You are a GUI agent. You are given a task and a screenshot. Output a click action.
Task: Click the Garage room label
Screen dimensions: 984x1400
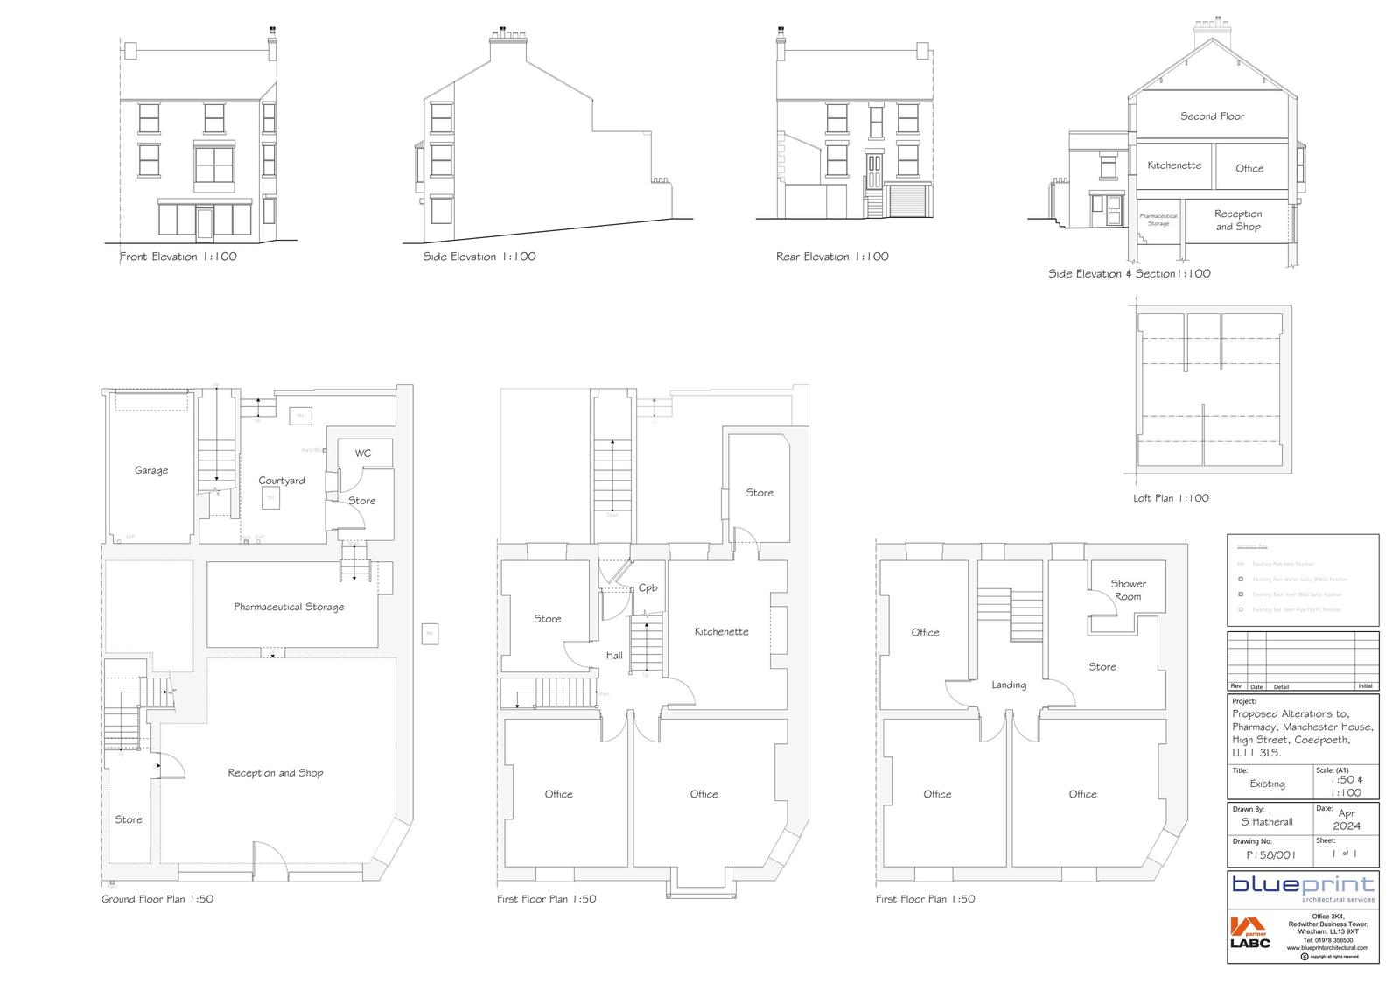(x=150, y=470)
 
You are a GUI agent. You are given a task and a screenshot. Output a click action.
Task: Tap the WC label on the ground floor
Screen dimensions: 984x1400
(x=362, y=453)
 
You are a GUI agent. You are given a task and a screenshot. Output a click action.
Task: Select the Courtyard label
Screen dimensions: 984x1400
(x=282, y=481)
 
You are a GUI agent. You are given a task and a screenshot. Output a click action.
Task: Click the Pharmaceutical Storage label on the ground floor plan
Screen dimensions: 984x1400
(x=289, y=607)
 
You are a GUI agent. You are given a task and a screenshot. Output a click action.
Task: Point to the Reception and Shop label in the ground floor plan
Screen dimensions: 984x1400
(x=275, y=773)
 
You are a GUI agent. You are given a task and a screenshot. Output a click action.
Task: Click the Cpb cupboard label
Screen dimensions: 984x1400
(x=647, y=587)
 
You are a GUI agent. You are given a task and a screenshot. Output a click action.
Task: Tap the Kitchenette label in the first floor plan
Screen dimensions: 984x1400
(x=721, y=631)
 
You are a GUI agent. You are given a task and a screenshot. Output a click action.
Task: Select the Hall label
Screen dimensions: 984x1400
(x=614, y=655)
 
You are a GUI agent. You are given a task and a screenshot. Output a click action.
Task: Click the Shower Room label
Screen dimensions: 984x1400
(x=1128, y=590)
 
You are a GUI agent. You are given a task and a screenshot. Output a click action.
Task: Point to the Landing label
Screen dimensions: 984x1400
(x=1009, y=685)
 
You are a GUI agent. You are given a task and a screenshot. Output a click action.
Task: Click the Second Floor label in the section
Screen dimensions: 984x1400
(x=1212, y=116)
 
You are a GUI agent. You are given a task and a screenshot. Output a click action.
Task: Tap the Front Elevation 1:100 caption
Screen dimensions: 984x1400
(x=178, y=257)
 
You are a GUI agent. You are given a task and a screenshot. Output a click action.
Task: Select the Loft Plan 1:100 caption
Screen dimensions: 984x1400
(x=1171, y=498)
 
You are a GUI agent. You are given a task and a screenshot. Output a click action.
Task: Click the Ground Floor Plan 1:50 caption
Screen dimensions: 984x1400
(x=157, y=899)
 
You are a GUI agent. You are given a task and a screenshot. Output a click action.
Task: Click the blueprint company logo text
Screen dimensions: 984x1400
(x=1303, y=884)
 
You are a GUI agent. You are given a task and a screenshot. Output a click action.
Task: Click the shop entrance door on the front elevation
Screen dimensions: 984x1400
(x=205, y=222)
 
